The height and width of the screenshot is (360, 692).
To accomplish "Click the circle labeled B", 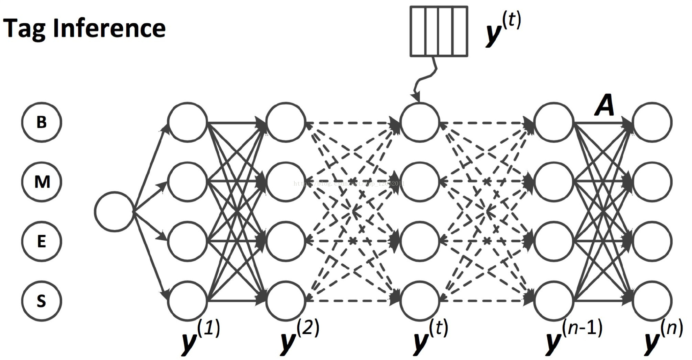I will [42, 122].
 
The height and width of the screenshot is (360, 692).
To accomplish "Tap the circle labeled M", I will [42, 182].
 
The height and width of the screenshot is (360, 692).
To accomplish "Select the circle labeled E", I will [42, 241].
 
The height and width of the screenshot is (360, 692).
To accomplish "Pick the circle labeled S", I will [42, 301].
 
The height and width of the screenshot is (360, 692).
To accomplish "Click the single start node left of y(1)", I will [114, 212].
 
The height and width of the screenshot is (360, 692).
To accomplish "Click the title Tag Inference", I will [84, 29].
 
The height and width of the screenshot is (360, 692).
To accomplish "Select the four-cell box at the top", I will [439, 31].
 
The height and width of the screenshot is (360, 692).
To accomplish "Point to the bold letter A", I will [604, 105].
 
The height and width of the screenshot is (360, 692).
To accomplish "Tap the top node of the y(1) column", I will [188, 122].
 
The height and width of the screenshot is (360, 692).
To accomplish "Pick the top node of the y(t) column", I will [419, 122].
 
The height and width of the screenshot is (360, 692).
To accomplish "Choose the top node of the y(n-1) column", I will [553, 122].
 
